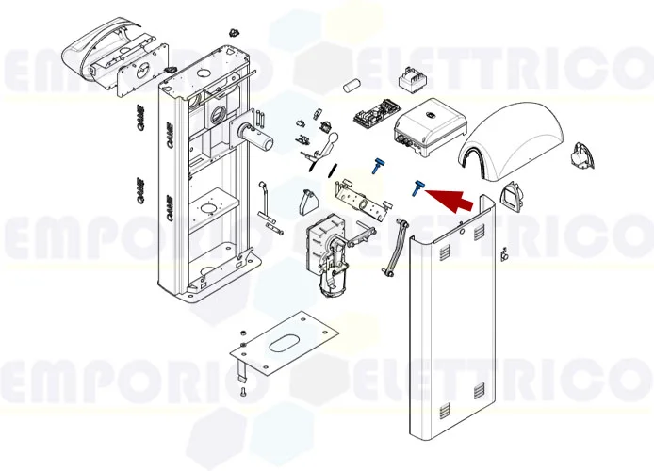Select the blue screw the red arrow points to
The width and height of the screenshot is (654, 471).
(416, 187)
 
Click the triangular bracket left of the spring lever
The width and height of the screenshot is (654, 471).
(308, 202)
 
